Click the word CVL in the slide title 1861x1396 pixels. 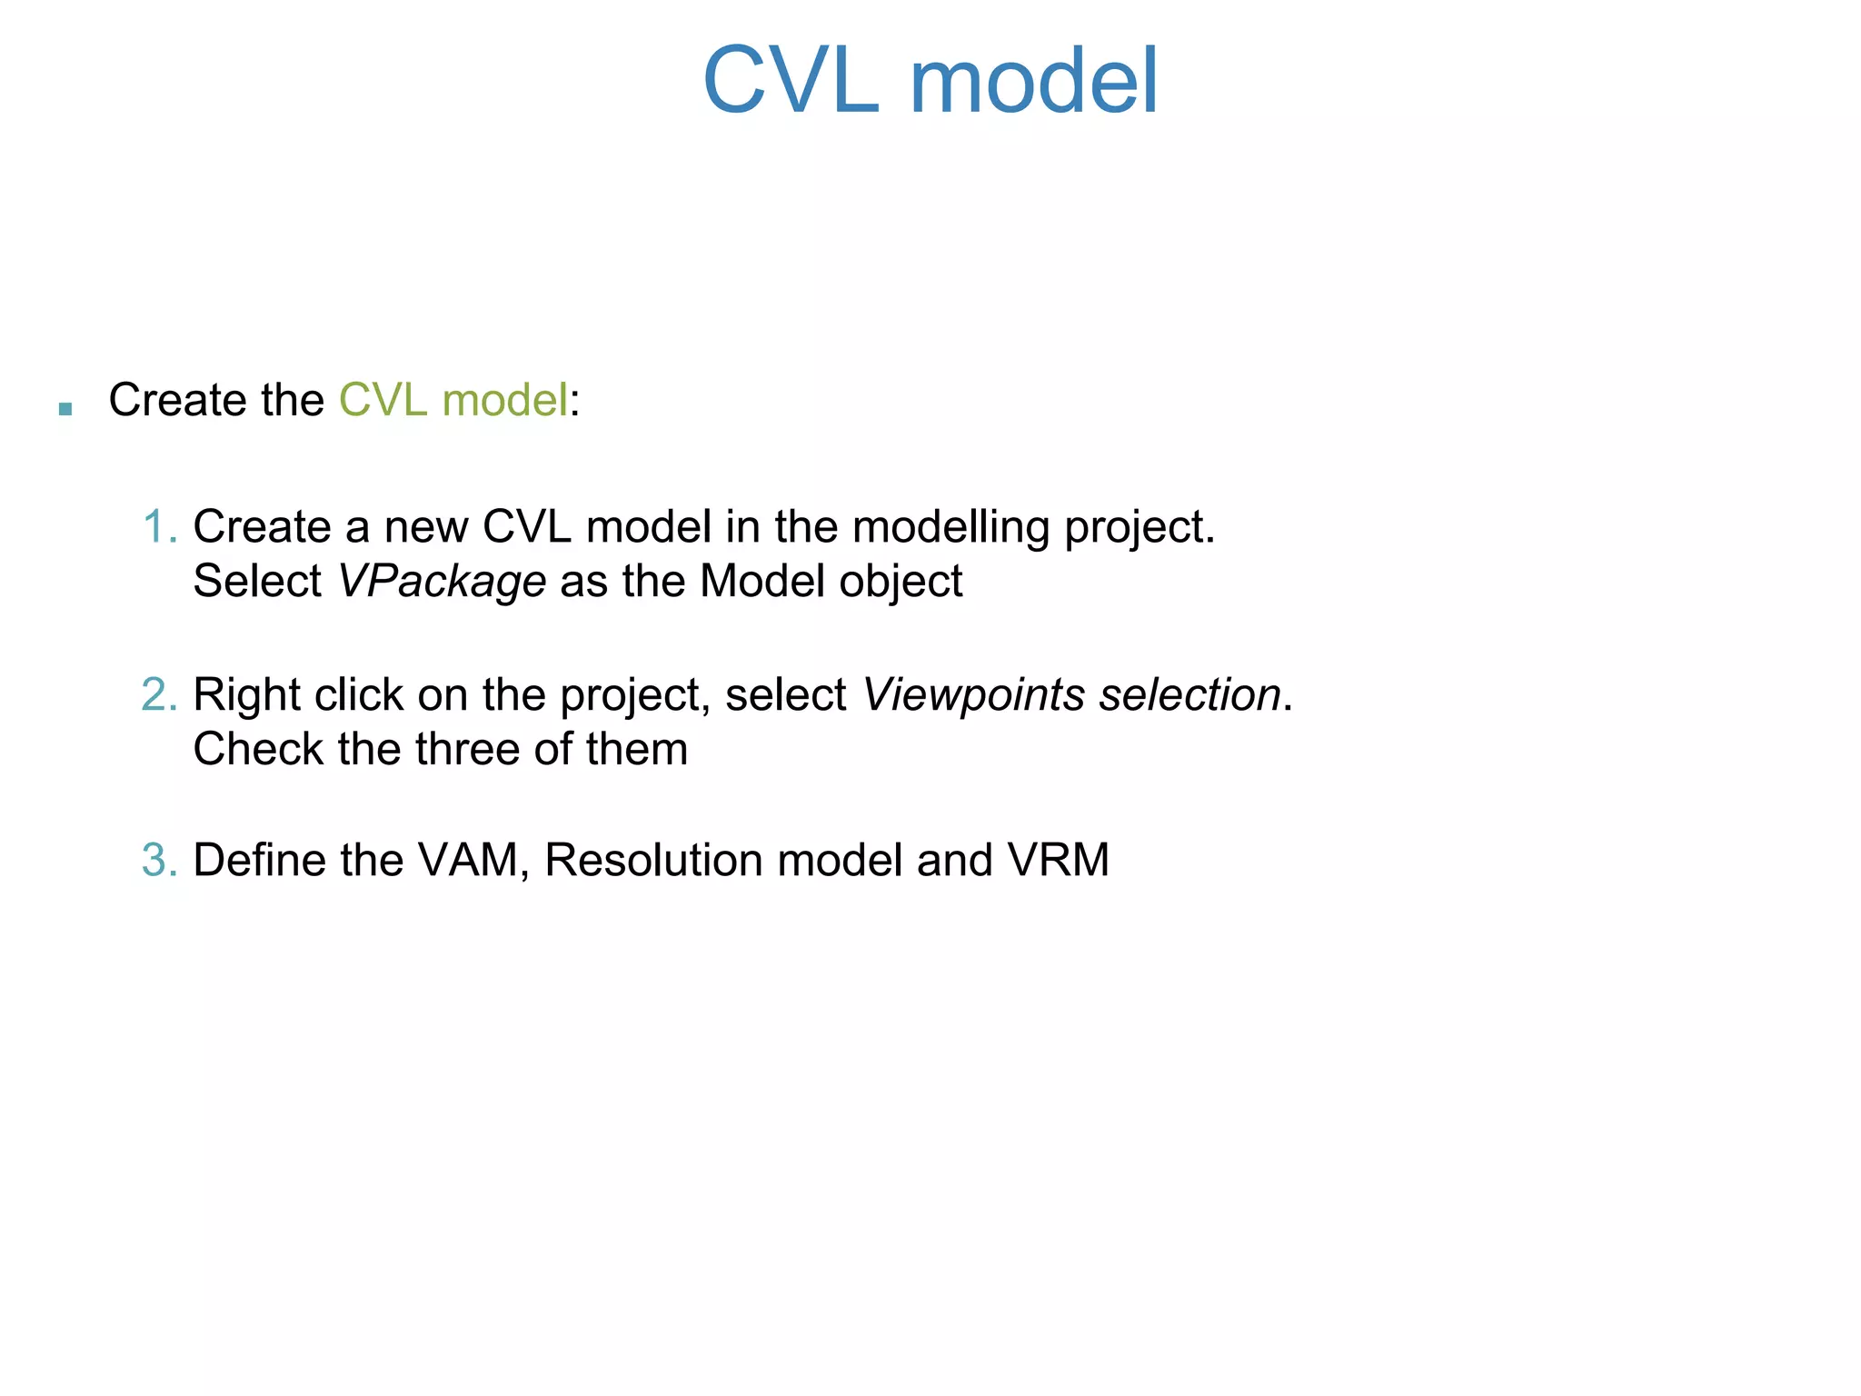[791, 82]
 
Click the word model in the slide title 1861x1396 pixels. [1033, 82]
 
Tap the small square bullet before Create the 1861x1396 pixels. [65, 409]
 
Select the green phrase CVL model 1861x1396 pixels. [453, 400]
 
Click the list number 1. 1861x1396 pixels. [159, 527]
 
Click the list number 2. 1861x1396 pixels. [159, 695]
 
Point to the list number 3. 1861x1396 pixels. [159, 861]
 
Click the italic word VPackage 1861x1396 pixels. [442, 582]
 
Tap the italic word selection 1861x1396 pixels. [1189, 695]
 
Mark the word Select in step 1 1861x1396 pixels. [257, 582]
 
